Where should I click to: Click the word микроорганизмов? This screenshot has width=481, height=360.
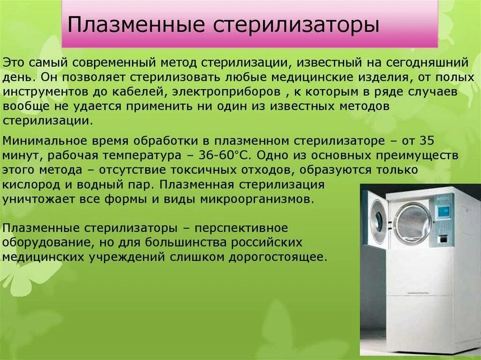[256, 199]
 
